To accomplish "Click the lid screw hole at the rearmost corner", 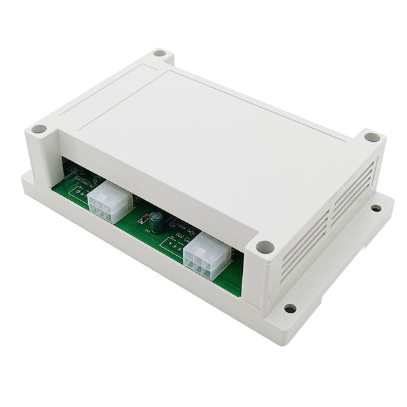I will click(160, 52).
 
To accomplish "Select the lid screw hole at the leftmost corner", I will click(39, 128).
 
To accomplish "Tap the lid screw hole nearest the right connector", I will click(265, 247).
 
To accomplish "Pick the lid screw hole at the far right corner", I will click(372, 136).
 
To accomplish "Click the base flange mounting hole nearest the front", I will click(290, 309).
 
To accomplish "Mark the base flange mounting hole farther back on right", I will click(376, 208).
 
